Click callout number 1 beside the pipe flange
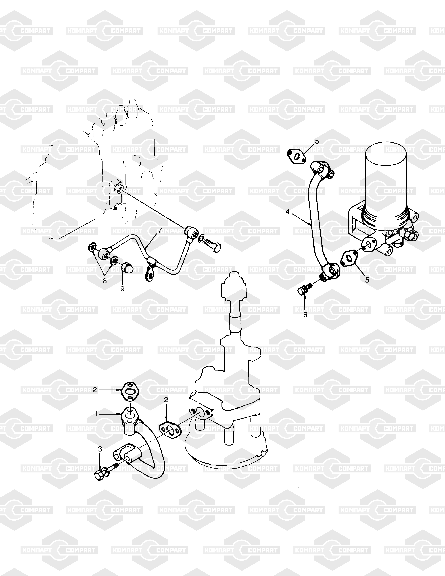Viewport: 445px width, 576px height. point(96,414)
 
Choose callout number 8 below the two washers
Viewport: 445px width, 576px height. point(105,281)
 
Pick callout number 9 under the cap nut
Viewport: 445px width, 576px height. point(122,289)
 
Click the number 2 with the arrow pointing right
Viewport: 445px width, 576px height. point(95,390)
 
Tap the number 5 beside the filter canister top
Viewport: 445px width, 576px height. point(317,141)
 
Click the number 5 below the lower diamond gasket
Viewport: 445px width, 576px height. point(367,280)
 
